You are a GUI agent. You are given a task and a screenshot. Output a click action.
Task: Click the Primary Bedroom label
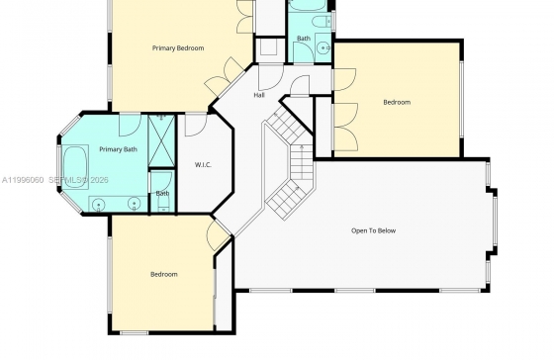[x=178, y=48]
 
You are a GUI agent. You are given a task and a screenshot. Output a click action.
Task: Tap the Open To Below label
[x=374, y=230]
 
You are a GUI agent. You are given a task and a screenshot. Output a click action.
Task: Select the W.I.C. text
[x=203, y=164]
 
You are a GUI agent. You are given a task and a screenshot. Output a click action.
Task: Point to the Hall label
[x=259, y=95]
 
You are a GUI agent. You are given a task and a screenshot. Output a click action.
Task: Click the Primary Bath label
[x=118, y=149]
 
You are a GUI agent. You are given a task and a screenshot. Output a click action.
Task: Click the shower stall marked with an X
[x=161, y=140]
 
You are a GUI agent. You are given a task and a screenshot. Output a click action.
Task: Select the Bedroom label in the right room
[x=397, y=103]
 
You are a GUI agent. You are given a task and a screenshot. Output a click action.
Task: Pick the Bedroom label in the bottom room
[x=164, y=275]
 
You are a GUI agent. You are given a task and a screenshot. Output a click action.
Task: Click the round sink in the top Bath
[x=323, y=47]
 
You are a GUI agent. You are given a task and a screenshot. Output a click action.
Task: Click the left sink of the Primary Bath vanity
[x=98, y=204]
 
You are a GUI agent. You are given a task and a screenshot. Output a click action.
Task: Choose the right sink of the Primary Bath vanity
[x=134, y=204]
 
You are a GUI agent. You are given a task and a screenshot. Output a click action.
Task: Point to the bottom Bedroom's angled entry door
[x=217, y=234]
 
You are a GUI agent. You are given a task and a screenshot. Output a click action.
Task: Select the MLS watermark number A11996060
[x=23, y=180]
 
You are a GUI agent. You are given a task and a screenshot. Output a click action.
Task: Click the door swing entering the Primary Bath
[x=130, y=125]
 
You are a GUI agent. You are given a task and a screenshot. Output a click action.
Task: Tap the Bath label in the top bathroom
[x=304, y=39]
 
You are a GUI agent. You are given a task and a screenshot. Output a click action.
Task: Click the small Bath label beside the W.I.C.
[x=162, y=193]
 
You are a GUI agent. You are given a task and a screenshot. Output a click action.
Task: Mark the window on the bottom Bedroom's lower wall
[x=134, y=332]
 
